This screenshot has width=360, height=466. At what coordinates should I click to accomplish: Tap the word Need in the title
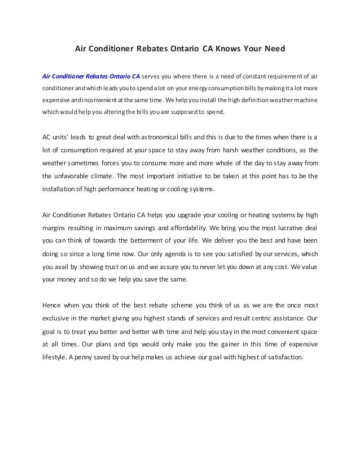(275, 49)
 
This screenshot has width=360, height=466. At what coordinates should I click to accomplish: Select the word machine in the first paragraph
(305, 100)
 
